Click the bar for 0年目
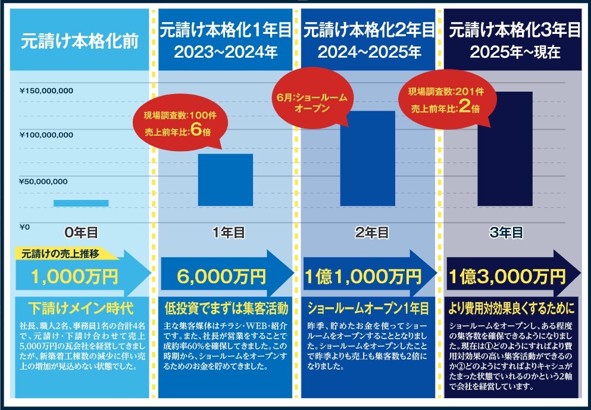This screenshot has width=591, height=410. pos(81,203)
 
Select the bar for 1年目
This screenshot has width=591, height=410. pos(225,180)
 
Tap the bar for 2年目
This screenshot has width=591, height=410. pos(367,158)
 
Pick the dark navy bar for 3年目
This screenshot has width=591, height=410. pos(505,149)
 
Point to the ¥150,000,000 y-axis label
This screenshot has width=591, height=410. pos(46,91)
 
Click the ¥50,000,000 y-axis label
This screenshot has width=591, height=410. pos(43,181)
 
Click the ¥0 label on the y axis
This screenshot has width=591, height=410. pos(25,227)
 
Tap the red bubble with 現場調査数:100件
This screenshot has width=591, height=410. pos(177,123)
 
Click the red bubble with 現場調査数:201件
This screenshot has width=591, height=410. pos(445,100)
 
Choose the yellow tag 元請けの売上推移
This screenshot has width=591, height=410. pos(64,253)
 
